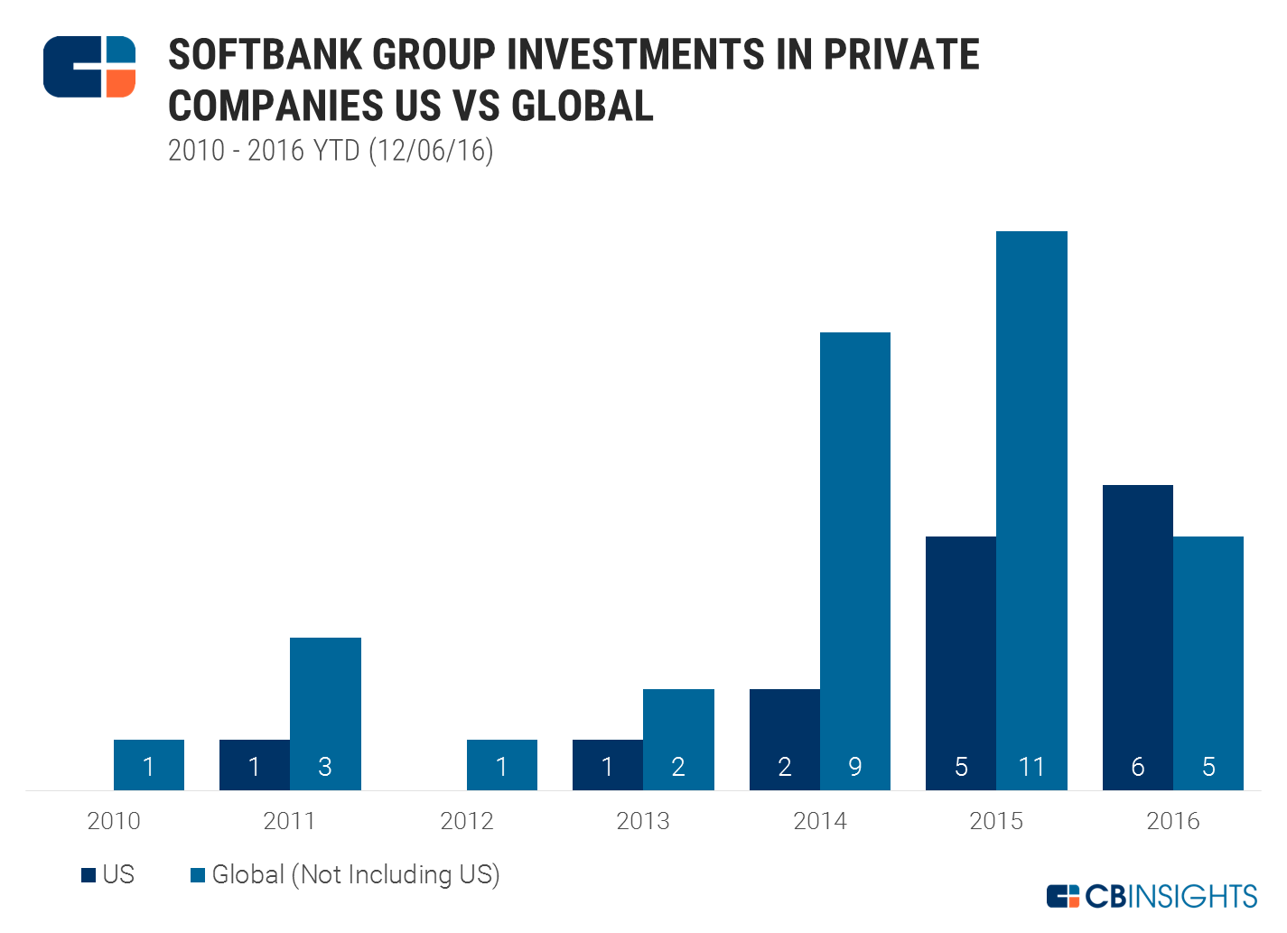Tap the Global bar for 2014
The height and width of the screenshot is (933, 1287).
point(855,560)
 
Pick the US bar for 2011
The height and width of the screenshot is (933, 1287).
point(255,764)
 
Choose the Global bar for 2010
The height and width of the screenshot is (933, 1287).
point(149,764)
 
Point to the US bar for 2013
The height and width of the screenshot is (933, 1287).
point(608,764)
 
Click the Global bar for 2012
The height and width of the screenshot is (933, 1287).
point(502,764)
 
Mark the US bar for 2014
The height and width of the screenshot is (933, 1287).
point(785,739)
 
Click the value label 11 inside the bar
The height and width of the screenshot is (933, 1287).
point(1031,767)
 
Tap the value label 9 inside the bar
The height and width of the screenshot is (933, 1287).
point(855,767)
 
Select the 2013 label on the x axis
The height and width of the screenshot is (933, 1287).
point(643,821)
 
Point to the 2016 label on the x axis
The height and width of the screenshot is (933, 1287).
point(1173,821)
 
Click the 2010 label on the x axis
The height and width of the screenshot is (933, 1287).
point(114,821)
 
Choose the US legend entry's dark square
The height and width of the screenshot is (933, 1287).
point(89,875)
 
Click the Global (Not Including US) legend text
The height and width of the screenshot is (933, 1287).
point(356,875)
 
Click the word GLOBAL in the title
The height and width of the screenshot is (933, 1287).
point(583,106)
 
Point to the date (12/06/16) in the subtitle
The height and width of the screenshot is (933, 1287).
point(431,150)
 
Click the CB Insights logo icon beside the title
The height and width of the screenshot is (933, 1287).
point(89,67)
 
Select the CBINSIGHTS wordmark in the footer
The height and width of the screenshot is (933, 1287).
point(1170,896)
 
